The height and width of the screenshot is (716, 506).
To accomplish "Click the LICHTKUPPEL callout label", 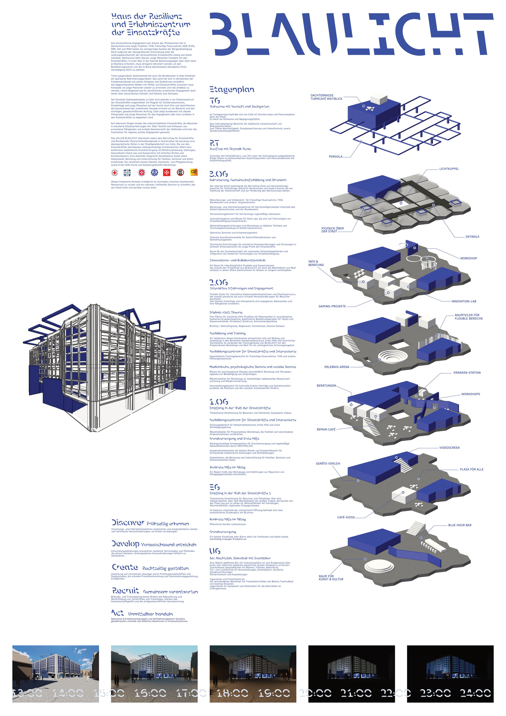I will click(449, 169).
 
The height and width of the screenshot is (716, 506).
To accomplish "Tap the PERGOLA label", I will click(335, 157).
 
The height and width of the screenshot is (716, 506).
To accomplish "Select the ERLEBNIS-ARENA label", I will click(337, 367).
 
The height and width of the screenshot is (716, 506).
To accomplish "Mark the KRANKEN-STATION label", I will click(467, 373).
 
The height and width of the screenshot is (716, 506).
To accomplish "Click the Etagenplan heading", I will click(232, 90).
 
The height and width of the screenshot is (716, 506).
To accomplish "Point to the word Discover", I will click(128, 523).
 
